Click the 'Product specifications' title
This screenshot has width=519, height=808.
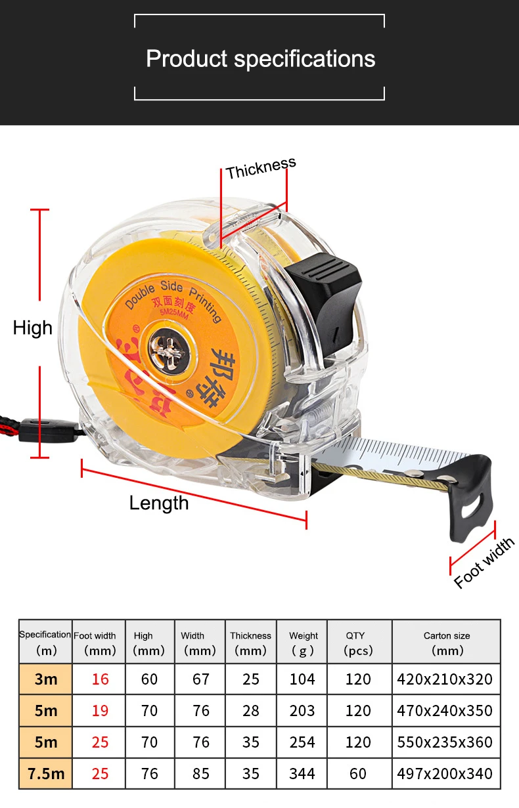pyautogui.click(x=260, y=59)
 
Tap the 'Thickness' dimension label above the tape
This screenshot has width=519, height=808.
pyautogui.click(x=261, y=169)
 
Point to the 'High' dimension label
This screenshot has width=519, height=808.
pyautogui.click(x=33, y=328)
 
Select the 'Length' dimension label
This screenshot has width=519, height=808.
pyautogui.click(x=159, y=503)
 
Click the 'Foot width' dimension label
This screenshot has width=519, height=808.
pyautogui.click(x=484, y=563)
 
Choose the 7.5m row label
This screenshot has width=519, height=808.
pyautogui.click(x=46, y=773)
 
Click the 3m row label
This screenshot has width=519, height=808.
pyautogui.click(x=46, y=679)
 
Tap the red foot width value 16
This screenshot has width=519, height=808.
pyautogui.click(x=100, y=679)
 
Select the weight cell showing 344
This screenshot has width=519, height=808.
pyautogui.click(x=302, y=773)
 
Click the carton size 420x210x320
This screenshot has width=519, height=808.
pyautogui.click(x=445, y=679)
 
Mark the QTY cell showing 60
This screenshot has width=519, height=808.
pyautogui.click(x=359, y=773)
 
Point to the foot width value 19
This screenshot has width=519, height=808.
pyautogui.click(x=100, y=710)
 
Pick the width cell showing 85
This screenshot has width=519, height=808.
pyautogui.click(x=201, y=773)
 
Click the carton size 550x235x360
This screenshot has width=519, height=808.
pyautogui.click(x=445, y=742)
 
